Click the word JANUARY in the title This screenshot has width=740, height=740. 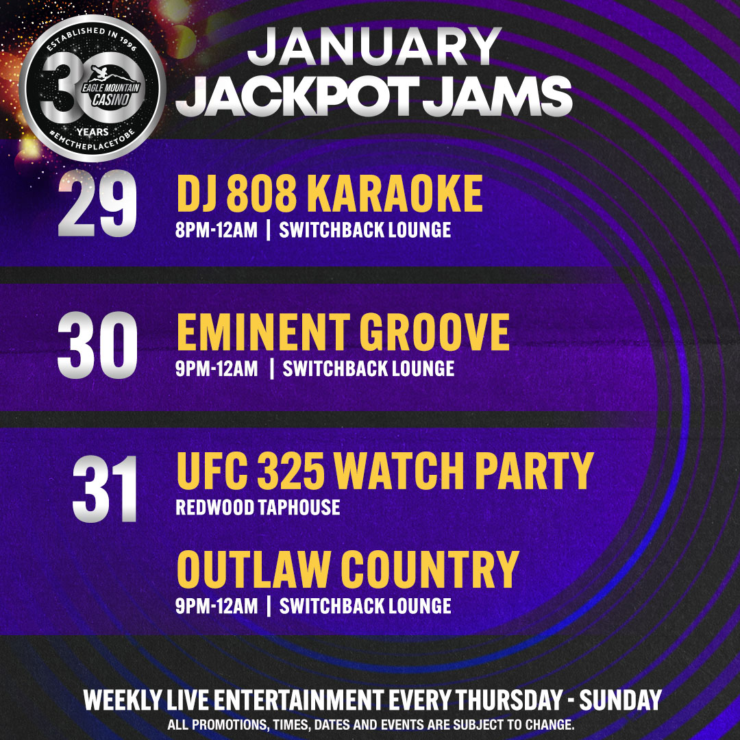pyautogui.click(x=374, y=47)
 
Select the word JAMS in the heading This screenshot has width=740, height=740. pyautogui.click(x=497, y=97)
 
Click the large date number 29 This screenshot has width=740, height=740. pyautogui.click(x=97, y=203)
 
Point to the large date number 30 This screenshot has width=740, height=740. pyautogui.click(x=97, y=345)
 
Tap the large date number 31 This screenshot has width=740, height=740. pyautogui.click(x=105, y=489)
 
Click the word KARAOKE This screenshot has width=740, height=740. pyautogui.click(x=395, y=193)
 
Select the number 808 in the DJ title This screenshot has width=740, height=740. pyautogui.click(x=262, y=193)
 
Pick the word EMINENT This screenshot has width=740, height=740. pyautogui.click(x=263, y=332)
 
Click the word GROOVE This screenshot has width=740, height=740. pyautogui.click(x=434, y=332)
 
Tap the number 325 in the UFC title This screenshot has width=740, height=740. pyautogui.click(x=291, y=471)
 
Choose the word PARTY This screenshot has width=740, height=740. pyautogui.click(x=534, y=471)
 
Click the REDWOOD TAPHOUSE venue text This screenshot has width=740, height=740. pyautogui.click(x=258, y=508)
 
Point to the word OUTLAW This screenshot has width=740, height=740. pyautogui.click(x=254, y=569)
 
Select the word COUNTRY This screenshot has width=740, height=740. pyautogui.click(x=430, y=569)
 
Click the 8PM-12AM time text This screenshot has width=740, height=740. pyautogui.click(x=216, y=230)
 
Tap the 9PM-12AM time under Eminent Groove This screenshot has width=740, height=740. pyautogui.click(x=216, y=369)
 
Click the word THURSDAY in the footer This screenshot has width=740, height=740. pyautogui.click(x=510, y=700)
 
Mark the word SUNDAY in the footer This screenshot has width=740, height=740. pyautogui.click(x=620, y=700)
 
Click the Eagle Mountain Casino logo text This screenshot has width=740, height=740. pyautogui.click(x=111, y=93)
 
